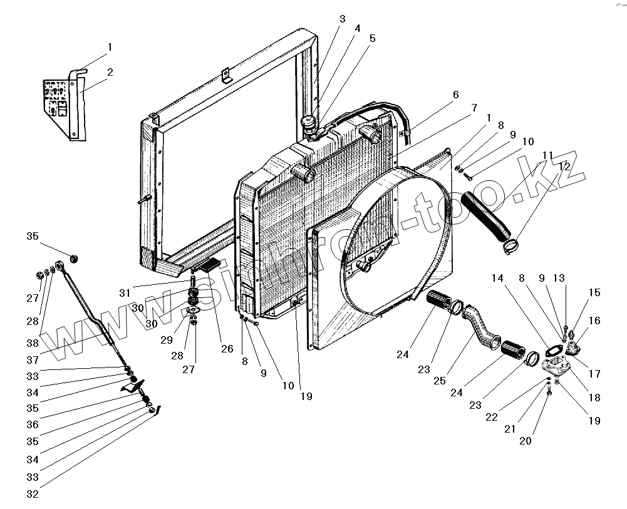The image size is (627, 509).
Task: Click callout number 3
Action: click(342, 19)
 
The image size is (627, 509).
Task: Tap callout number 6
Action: click(455, 95)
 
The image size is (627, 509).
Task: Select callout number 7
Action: click(474, 107)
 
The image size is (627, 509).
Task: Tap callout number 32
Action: click(32, 494)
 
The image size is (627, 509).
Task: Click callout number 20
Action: click(525, 440)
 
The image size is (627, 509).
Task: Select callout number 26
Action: click(226, 349)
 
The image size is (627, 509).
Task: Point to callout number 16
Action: click(594, 321)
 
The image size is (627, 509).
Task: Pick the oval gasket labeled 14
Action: click(554, 350)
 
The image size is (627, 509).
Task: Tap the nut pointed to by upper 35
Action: click(73, 258)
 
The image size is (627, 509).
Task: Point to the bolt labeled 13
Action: click(566, 327)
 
